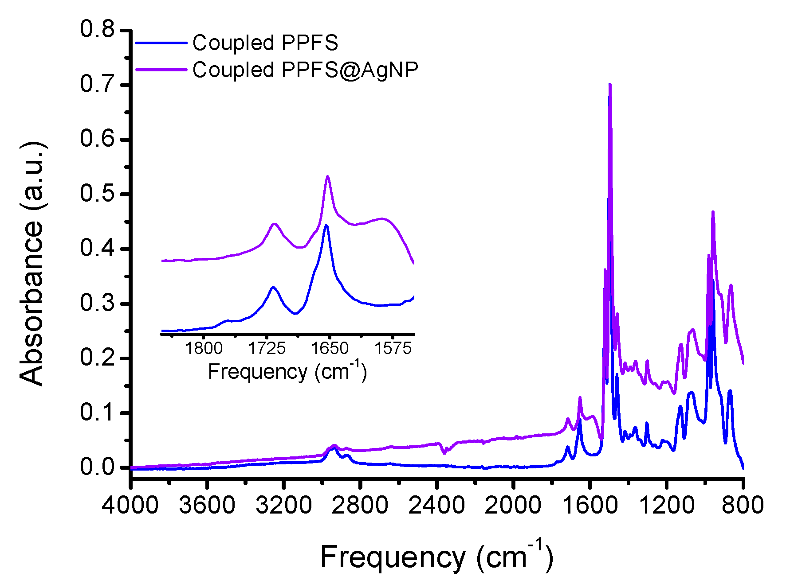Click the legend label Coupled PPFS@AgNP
click(x=305, y=70)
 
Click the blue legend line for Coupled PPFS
click(x=161, y=43)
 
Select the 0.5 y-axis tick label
click(x=97, y=194)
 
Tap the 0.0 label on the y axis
click(x=97, y=467)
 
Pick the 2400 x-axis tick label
click(x=436, y=505)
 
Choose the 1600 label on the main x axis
click(x=589, y=505)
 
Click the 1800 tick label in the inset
click(x=204, y=348)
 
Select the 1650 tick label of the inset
click(x=329, y=348)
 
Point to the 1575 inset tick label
click(x=393, y=348)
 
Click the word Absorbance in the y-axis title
click(x=32, y=301)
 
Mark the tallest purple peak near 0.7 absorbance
click(x=610, y=84)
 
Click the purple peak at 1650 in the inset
click(x=327, y=176)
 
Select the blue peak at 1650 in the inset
click(x=326, y=226)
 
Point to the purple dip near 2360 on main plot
click(x=444, y=453)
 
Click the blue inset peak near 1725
click(x=273, y=287)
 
